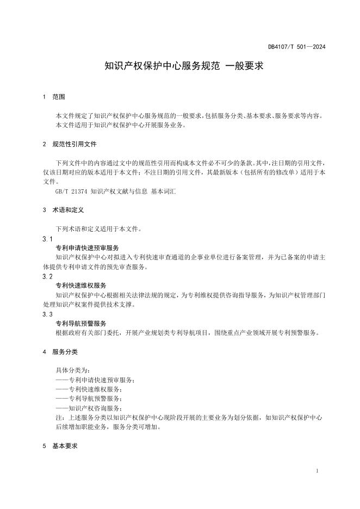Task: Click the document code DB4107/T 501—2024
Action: (296, 47)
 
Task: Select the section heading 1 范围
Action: (54, 97)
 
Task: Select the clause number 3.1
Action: (47, 239)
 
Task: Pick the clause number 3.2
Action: (47, 277)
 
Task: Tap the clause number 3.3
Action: (47, 314)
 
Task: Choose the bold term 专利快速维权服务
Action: (81, 285)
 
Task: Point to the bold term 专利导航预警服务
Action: (81, 323)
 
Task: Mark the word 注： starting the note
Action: (60, 418)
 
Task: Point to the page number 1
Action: (317, 471)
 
